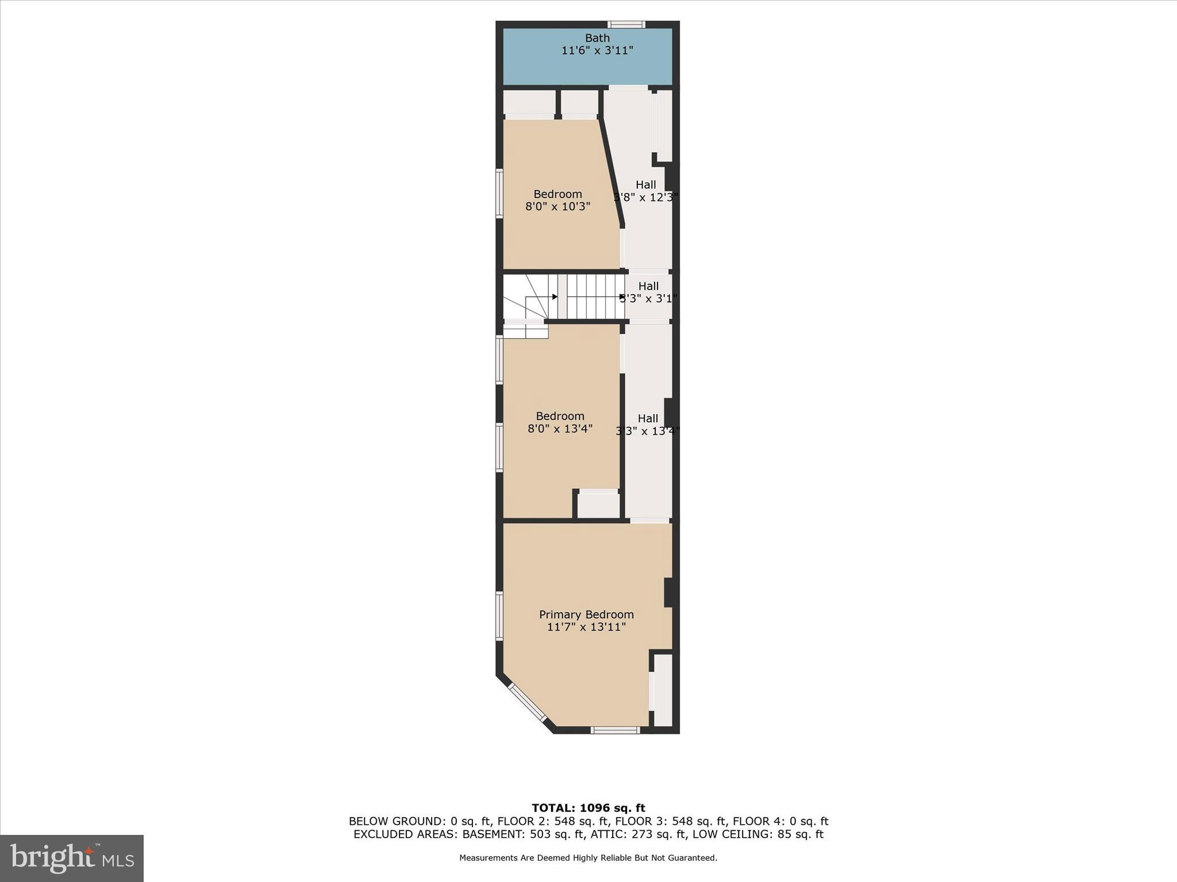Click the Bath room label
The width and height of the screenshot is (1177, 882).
597,38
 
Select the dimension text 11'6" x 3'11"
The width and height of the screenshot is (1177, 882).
597,51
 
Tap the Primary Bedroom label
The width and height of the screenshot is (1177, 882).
586,614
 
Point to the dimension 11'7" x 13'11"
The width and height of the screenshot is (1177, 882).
586,627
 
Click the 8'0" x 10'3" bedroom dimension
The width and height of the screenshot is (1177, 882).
557,207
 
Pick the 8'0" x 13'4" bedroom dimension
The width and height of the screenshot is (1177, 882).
560,428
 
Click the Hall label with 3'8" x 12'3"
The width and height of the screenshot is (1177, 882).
646,185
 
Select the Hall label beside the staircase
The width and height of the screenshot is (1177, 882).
648,286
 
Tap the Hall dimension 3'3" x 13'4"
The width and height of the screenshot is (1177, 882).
648,431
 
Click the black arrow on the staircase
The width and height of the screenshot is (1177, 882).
555,297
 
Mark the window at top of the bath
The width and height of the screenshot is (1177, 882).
626,25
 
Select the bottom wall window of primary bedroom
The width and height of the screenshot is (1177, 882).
615,730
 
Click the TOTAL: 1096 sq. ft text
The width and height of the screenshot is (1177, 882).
588,808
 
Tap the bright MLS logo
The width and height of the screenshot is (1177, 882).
72,858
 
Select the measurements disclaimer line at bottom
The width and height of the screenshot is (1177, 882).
588,858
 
